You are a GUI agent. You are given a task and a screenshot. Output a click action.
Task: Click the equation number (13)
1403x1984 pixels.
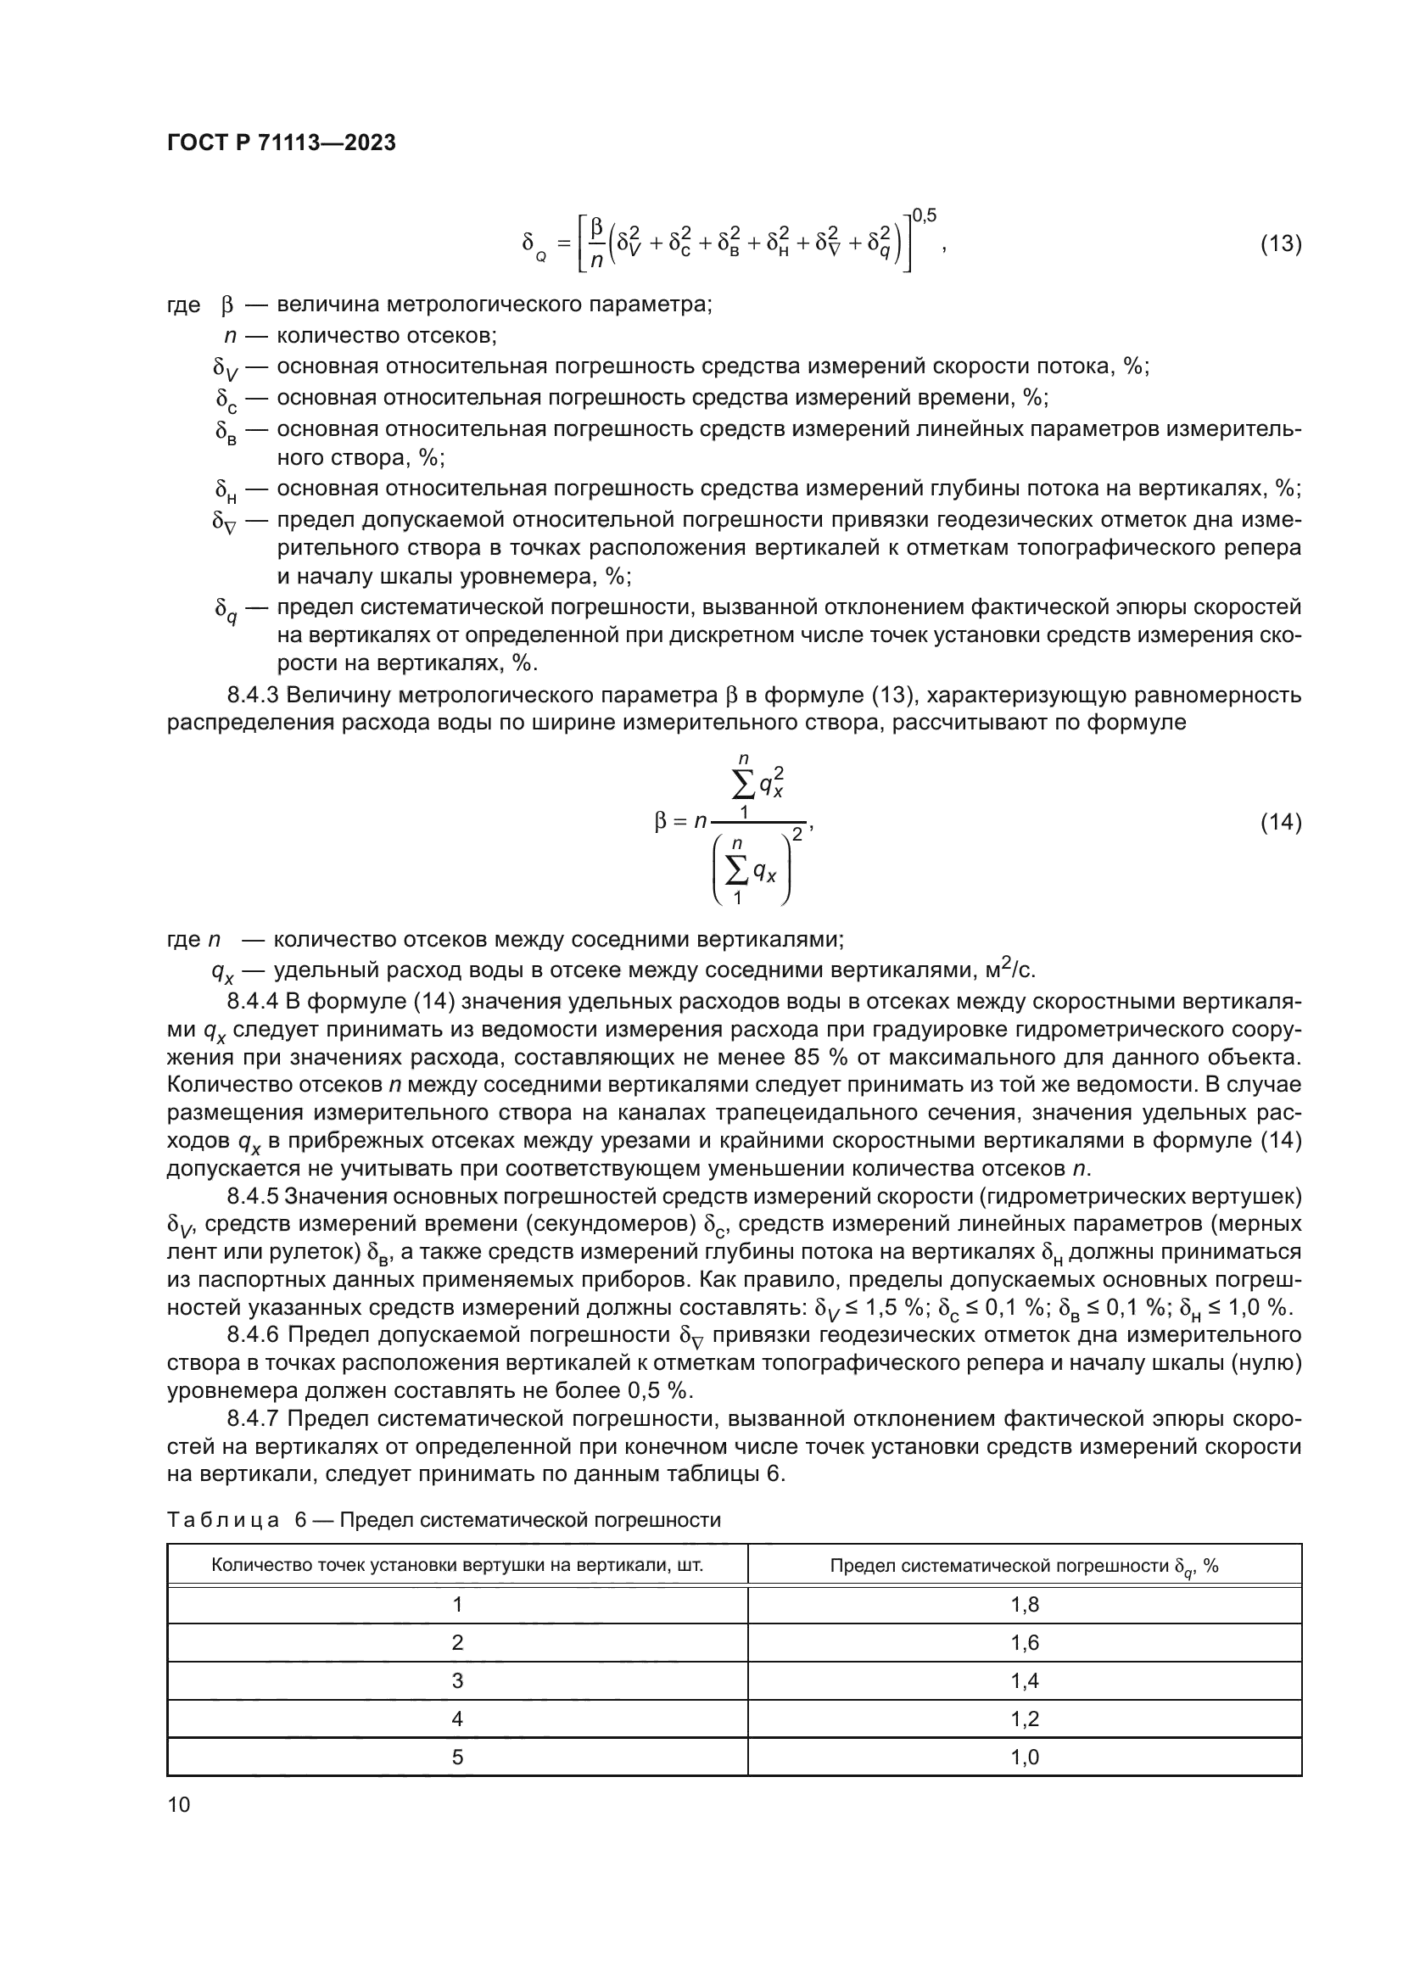(x=1280, y=243)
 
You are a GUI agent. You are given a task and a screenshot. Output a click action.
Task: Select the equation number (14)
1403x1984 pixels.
(x=1280, y=822)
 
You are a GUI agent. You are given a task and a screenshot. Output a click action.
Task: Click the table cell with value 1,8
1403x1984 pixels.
(x=1025, y=1605)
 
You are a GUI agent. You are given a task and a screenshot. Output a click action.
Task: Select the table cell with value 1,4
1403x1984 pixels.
(x=1025, y=1680)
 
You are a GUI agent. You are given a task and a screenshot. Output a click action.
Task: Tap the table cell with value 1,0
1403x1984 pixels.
(x=1025, y=1757)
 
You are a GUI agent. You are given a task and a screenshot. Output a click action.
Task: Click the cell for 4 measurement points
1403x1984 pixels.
(x=457, y=1719)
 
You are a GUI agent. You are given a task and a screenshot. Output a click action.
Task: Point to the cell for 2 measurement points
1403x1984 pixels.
(x=457, y=1643)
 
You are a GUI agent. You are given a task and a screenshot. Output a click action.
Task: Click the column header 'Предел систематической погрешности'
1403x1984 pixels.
(x=1024, y=1566)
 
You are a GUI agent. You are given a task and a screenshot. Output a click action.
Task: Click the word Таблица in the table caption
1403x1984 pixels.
(x=223, y=1520)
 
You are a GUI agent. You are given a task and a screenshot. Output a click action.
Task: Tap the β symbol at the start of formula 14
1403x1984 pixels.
(x=661, y=822)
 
